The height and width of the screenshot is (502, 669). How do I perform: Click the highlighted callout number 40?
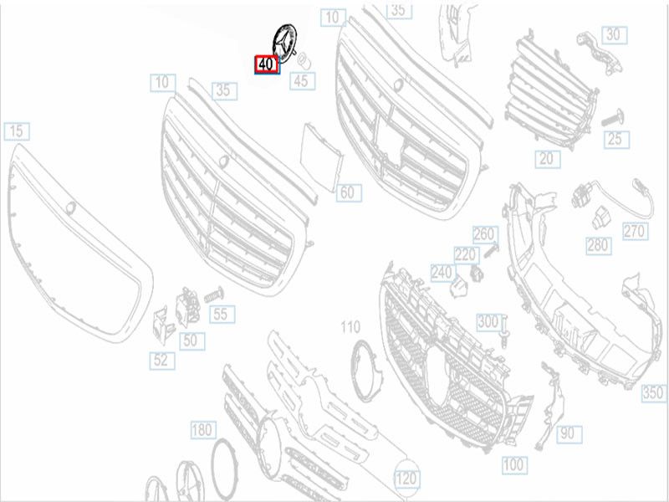(267, 64)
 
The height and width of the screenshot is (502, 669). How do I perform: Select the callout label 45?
(303, 81)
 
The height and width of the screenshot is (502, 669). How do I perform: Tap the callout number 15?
(17, 131)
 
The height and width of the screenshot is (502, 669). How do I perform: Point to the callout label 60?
(349, 193)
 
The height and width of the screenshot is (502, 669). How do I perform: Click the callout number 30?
(615, 35)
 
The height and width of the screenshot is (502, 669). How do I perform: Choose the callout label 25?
(616, 140)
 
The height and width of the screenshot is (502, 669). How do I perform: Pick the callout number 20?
(548, 159)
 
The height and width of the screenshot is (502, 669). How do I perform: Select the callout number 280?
(599, 245)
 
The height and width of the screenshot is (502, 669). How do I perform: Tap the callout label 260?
(486, 234)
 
